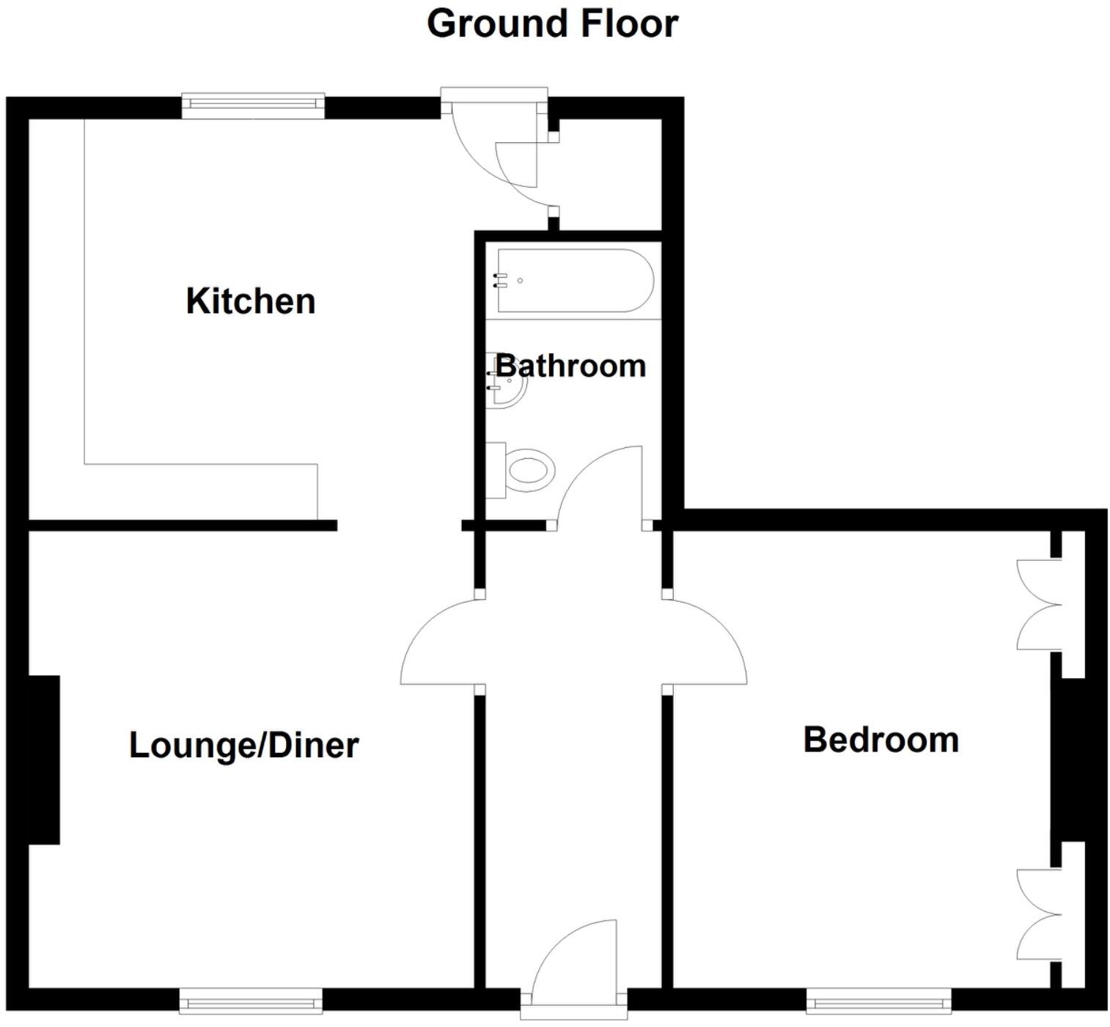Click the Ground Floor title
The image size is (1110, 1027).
(552, 24)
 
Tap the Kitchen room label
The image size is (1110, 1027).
(251, 301)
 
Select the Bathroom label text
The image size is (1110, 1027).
(571, 366)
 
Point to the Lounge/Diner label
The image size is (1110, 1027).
(243, 746)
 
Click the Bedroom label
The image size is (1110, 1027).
(881, 740)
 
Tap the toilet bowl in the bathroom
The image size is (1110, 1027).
(529, 469)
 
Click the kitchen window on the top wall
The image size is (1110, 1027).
(253, 106)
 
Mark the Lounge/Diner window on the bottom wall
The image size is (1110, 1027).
(251, 1001)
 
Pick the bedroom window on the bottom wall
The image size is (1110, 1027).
(878, 1001)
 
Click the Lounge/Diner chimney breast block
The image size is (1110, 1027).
(44, 759)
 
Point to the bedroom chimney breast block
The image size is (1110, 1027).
(1068, 759)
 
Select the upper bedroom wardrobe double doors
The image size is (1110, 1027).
(1039, 605)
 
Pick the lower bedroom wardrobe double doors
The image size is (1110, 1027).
(1039, 914)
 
